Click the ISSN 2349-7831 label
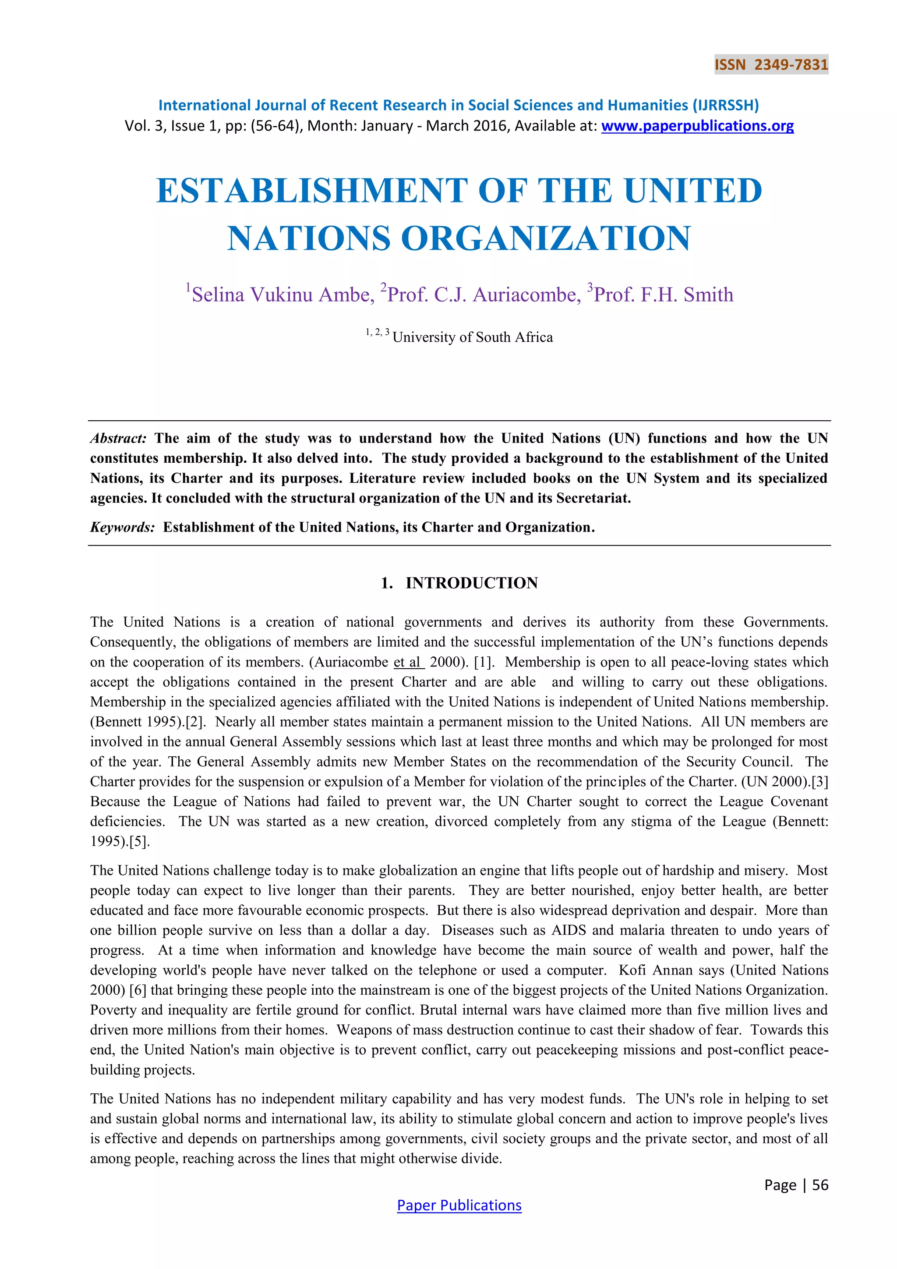tap(771, 65)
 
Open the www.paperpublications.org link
tap(697, 126)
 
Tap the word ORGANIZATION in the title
tap(546, 239)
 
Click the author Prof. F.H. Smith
tap(663, 294)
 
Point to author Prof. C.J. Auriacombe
tap(483, 294)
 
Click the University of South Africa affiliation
tap(472, 337)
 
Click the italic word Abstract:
tap(118, 438)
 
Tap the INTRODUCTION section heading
tap(471, 583)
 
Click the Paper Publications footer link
tap(459, 1205)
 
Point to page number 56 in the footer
tap(820, 1185)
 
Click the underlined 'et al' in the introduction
tap(408, 662)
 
